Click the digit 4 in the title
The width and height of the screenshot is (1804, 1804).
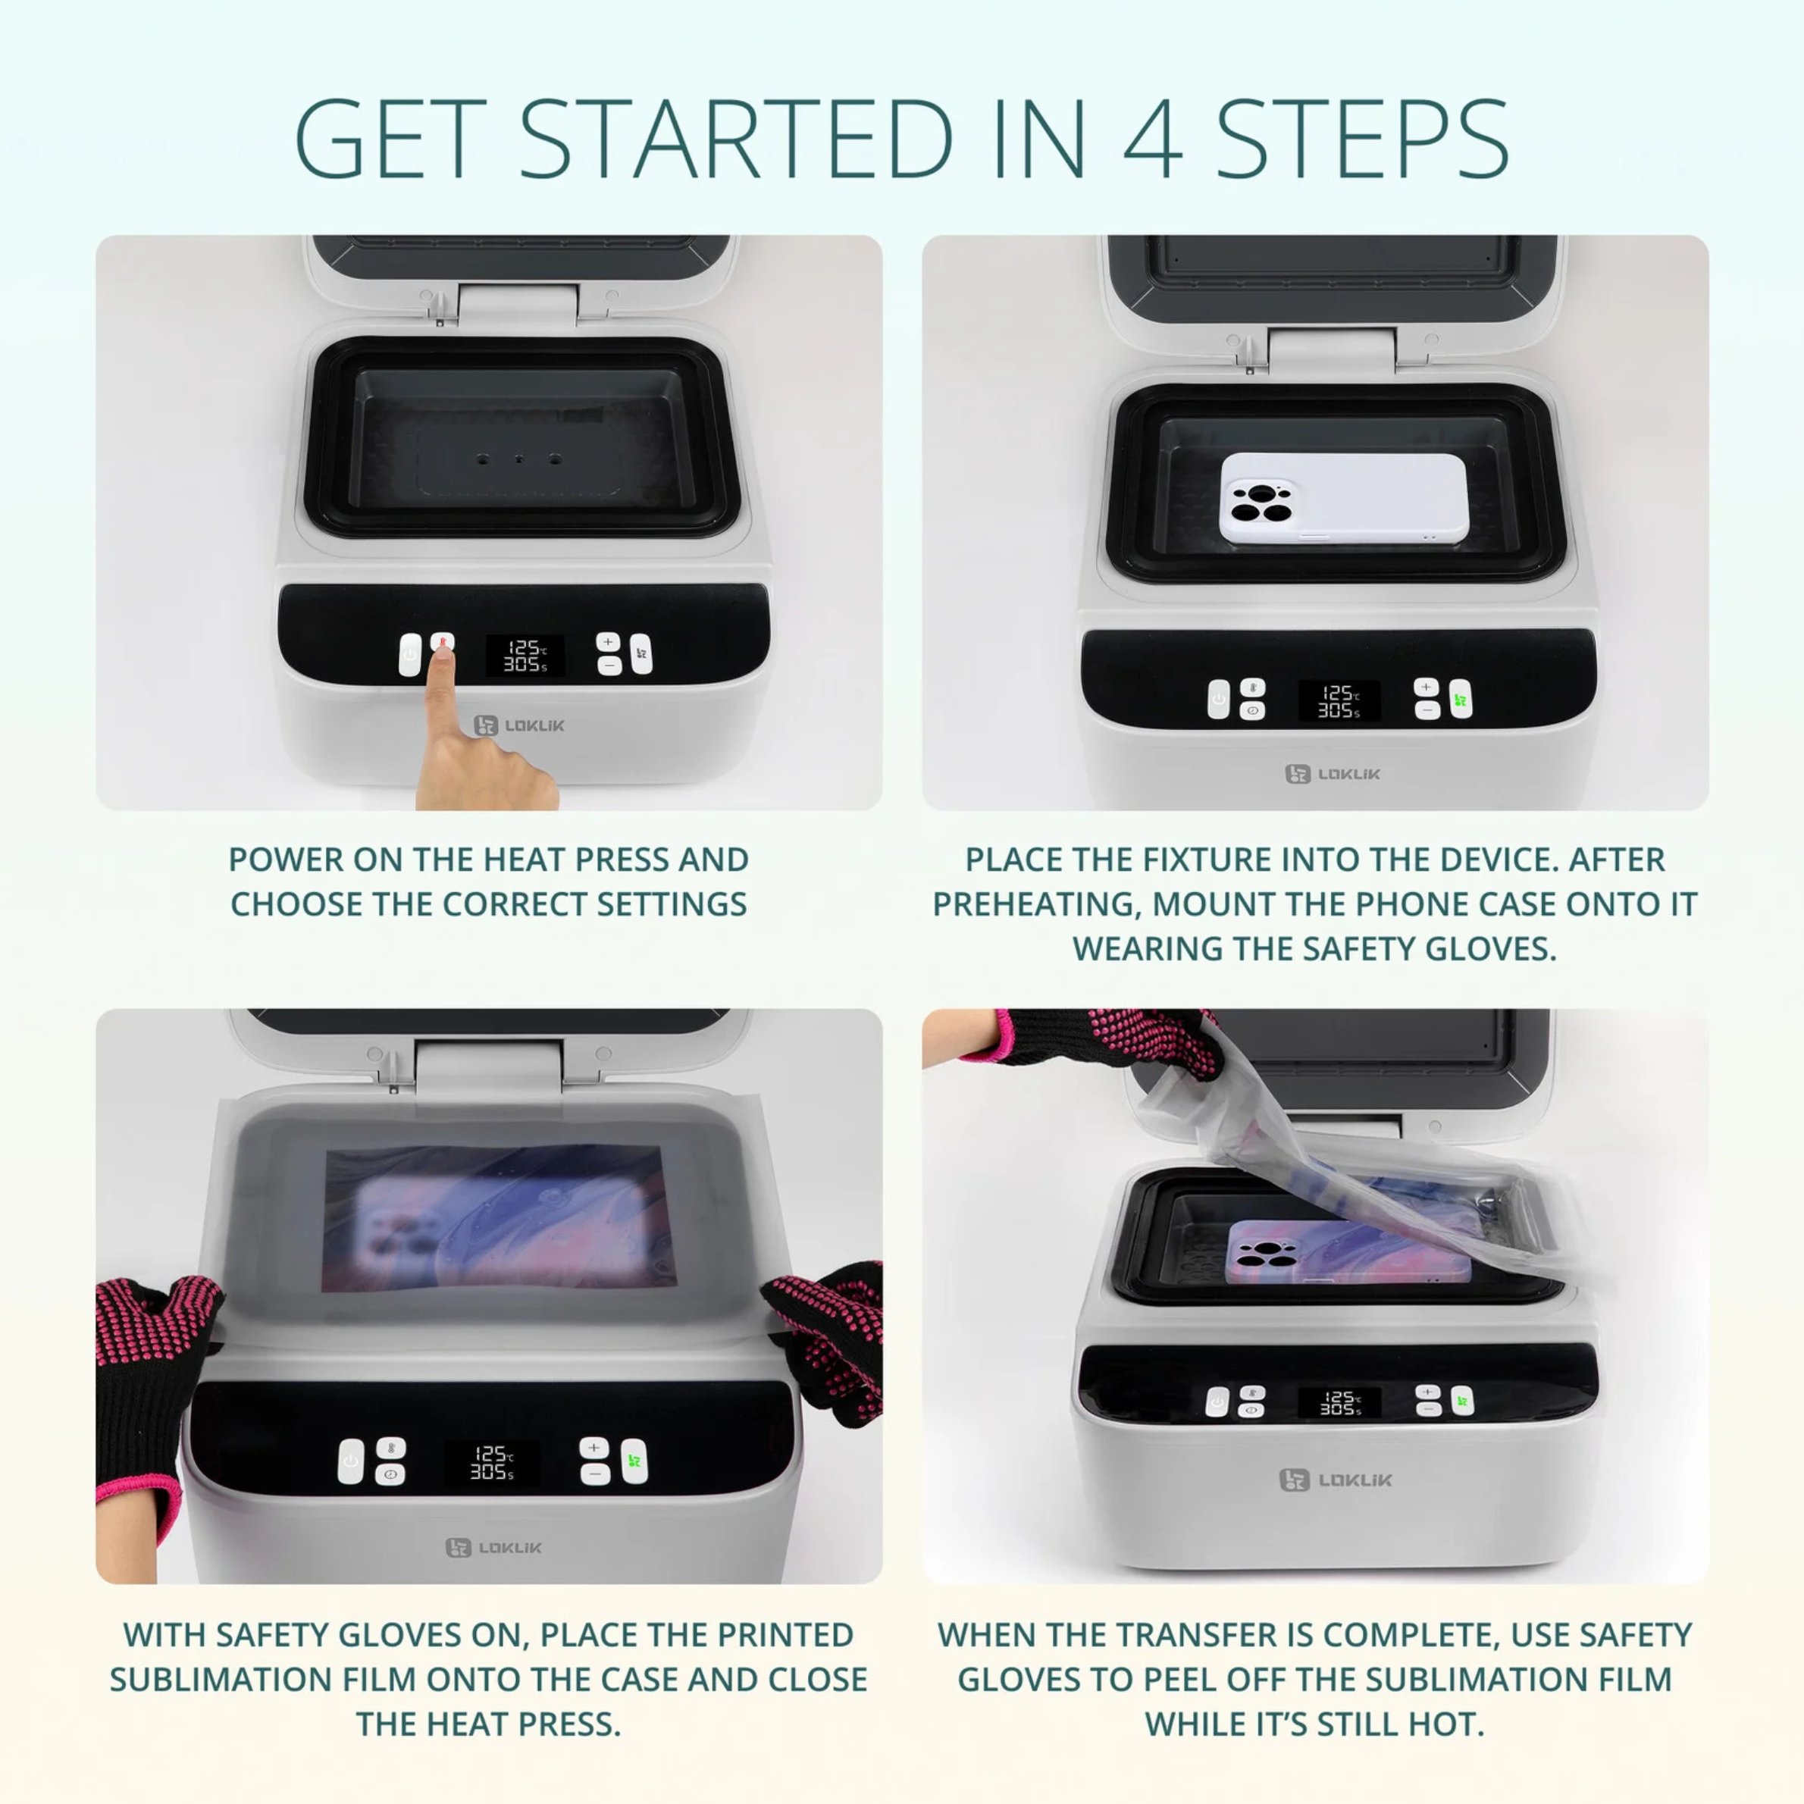pos(1152,140)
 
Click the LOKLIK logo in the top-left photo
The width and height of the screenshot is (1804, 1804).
pos(519,725)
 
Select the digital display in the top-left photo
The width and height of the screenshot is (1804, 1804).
pos(525,656)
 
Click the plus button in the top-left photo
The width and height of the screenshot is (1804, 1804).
pos(608,643)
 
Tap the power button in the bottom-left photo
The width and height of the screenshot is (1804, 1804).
pos(350,1461)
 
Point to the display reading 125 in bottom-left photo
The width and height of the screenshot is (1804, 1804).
pos(491,1462)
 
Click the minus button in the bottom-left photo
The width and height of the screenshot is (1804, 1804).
pos(594,1474)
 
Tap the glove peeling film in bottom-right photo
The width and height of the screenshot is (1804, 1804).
pos(1158,1042)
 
